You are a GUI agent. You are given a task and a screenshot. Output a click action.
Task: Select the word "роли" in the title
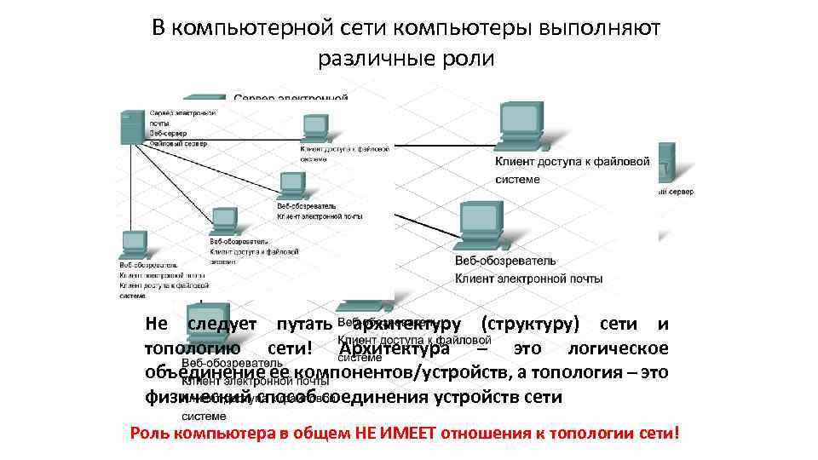coord(465,60)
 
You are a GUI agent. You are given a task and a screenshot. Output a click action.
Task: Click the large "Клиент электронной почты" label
coord(529,279)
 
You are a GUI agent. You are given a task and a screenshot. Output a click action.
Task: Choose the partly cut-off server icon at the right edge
coord(667,162)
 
